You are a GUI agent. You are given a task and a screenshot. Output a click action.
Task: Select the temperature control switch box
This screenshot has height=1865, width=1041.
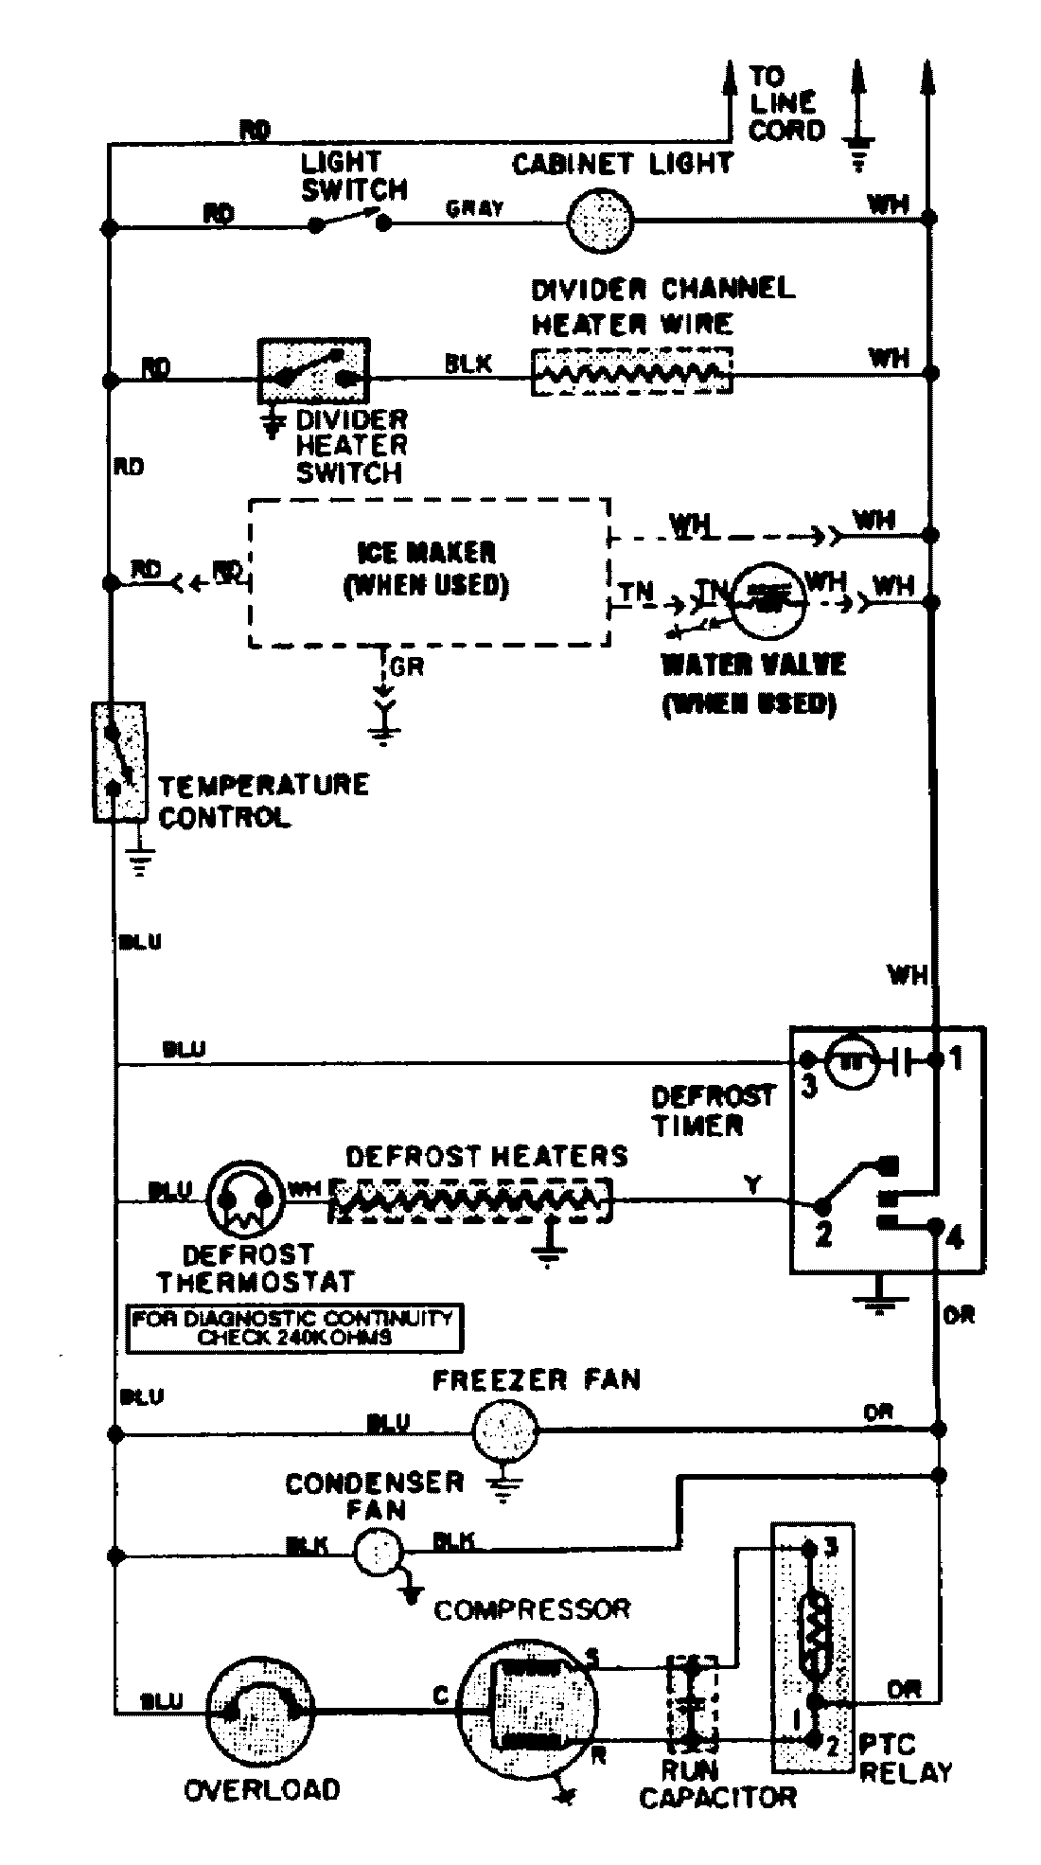pyautogui.click(x=118, y=761)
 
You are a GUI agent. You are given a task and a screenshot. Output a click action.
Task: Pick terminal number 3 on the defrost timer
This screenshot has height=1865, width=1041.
pyautogui.click(x=808, y=1086)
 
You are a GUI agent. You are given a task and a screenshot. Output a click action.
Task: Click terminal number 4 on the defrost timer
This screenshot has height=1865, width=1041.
pyautogui.click(x=953, y=1237)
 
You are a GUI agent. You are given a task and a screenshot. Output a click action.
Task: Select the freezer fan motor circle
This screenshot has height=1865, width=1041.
pyautogui.click(x=504, y=1433)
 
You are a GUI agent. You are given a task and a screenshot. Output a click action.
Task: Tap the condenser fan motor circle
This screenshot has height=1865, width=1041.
pyautogui.click(x=379, y=1551)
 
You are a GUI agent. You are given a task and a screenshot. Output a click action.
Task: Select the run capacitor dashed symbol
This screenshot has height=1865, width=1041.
pyautogui.click(x=692, y=1701)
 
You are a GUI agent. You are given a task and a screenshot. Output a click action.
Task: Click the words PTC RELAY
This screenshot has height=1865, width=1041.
pyautogui.click(x=903, y=1759)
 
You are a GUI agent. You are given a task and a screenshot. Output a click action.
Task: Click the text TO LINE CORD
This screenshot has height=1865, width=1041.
pyautogui.click(x=785, y=102)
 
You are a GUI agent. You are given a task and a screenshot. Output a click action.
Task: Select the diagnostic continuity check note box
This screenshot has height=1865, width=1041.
pyautogui.click(x=294, y=1327)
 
